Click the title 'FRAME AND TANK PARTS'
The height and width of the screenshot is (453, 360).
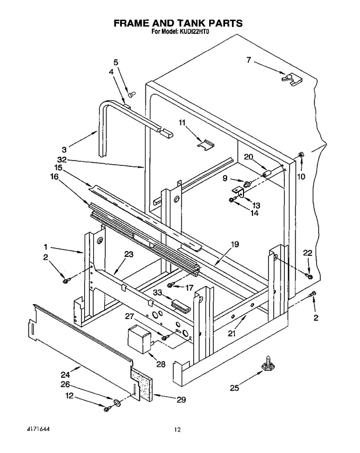point(178,23)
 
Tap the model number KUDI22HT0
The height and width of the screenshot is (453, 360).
point(192,32)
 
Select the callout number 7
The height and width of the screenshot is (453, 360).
point(249,60)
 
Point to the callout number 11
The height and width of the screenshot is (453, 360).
point(182,122)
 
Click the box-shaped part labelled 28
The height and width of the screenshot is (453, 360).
point(139,339)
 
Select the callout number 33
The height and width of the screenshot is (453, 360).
point(158,293)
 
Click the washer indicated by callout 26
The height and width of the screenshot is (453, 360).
point(117,402)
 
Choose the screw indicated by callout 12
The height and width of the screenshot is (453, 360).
point(107,408)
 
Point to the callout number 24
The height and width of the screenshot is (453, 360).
point(65,375)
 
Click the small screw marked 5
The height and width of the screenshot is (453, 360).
point(132,93)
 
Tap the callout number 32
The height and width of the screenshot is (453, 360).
point(62,159)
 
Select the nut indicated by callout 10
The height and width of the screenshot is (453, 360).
point(301,155)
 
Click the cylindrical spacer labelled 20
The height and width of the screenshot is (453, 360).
point(267,174)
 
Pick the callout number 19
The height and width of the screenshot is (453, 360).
point(235,244)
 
